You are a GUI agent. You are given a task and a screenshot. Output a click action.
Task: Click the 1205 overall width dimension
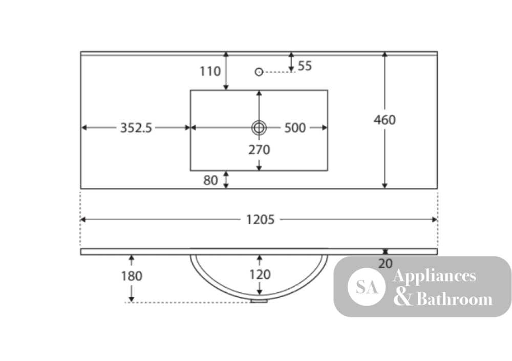260,220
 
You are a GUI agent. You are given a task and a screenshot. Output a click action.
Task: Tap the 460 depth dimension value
385,120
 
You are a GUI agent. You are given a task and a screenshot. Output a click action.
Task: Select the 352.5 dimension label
136,128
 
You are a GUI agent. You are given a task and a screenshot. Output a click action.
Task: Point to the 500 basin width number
295,128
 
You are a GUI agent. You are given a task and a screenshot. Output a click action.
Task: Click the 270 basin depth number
259,150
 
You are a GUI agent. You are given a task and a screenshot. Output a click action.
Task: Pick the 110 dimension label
210,71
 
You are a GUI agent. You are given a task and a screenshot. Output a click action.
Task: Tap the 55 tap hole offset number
305,66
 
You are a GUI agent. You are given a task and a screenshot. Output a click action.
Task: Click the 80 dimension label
210,180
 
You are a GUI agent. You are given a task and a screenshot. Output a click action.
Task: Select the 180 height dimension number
132,276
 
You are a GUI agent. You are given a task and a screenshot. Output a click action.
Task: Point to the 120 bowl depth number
260,274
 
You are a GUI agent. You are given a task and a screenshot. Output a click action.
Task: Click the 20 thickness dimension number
386,263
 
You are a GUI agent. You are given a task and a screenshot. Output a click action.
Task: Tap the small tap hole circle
259,72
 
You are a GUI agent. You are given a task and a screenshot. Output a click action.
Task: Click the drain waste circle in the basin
259,128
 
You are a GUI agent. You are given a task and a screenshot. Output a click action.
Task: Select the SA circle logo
367,287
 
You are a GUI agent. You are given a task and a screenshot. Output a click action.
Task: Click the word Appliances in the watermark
435,276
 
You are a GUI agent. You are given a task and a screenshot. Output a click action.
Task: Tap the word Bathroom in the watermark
455,299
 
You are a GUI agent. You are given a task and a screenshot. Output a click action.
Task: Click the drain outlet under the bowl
259,301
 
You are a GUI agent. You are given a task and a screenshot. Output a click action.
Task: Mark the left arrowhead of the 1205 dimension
83,220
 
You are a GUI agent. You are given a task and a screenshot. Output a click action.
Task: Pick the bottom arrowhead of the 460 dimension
385,186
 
